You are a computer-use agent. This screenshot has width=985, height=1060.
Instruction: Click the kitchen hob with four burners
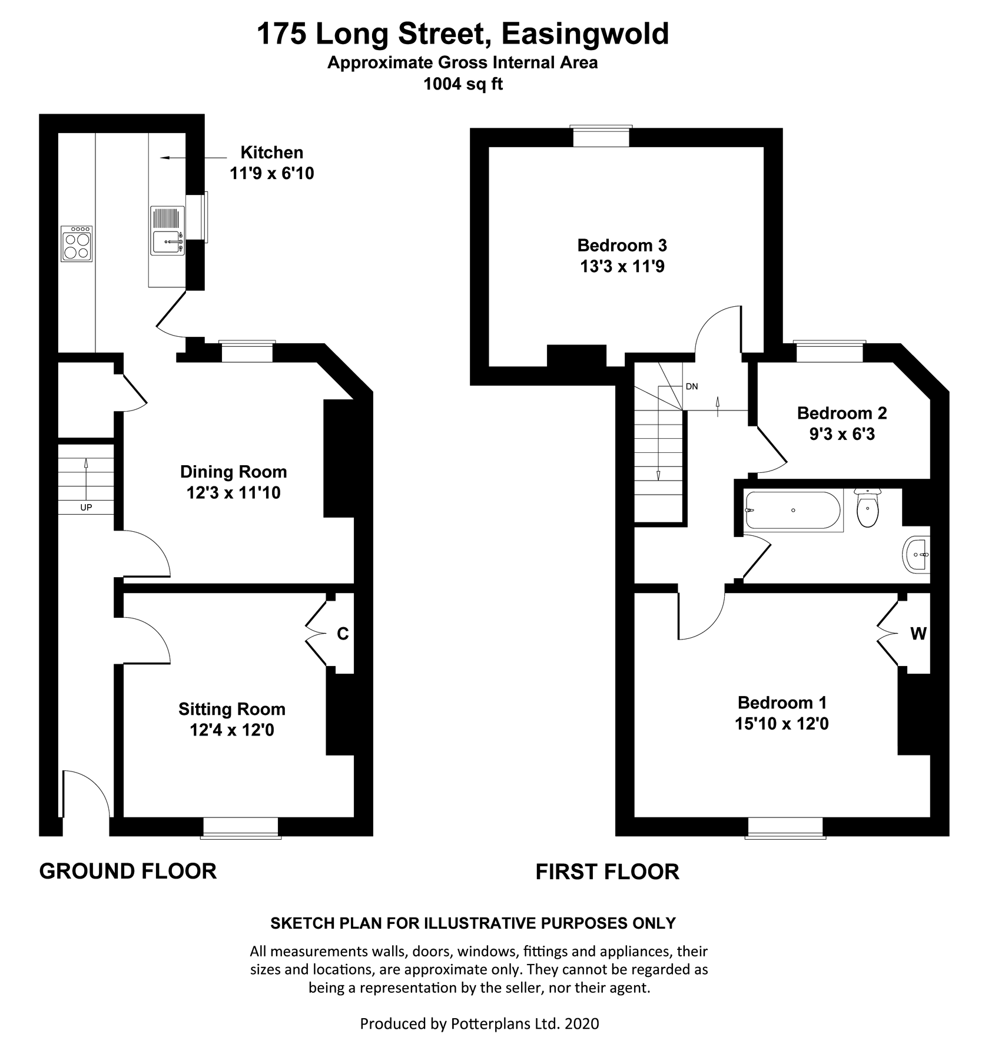77,244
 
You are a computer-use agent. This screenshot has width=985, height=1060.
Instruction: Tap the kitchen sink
167,230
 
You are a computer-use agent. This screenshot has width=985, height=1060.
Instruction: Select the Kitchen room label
272,153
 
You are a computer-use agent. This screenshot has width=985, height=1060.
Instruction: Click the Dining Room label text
234,472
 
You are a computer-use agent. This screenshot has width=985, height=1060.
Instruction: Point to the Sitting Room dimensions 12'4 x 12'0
232,730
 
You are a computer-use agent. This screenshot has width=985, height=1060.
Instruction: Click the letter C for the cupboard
343,634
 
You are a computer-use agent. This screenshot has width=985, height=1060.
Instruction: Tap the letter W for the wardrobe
918,634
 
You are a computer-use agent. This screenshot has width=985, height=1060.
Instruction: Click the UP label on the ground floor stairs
86,507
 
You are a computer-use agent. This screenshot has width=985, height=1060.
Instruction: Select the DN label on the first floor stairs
692,386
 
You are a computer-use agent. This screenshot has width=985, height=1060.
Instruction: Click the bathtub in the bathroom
792,510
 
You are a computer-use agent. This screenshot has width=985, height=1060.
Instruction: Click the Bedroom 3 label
622,245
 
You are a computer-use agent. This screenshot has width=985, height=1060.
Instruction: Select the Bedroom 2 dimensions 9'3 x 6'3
842,434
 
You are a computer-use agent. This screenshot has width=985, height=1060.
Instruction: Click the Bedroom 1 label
782,703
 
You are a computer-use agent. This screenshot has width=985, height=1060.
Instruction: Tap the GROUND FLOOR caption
128,871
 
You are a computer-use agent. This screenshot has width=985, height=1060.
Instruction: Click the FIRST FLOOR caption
608,872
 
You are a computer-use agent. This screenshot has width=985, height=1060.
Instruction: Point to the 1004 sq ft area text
463,84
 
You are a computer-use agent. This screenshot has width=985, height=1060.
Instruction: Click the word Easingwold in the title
585,34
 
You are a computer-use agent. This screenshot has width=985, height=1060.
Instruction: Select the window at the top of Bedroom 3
601,136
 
